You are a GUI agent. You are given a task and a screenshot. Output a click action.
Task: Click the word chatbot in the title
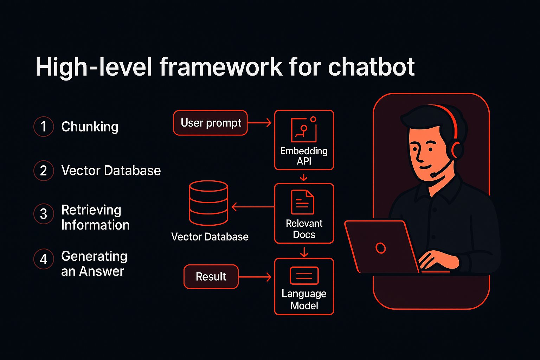click(x=371, y=67)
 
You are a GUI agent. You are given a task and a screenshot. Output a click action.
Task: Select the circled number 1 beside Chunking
click(x=44, y=127)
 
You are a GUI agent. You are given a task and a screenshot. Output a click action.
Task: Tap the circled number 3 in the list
click(x=44, y=214)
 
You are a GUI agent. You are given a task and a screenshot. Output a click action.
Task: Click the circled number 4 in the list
click(x=44, y=259)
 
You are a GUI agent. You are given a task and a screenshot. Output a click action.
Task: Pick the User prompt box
click(x=210, y=123)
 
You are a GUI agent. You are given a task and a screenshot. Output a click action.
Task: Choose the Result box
click(x=211, y=277)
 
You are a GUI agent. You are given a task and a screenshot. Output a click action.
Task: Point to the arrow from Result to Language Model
click(x=255, y=277)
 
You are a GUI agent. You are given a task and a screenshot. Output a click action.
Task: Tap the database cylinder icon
click(x=208, y=203)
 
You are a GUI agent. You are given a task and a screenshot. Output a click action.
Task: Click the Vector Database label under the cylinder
click(x=210, y=237)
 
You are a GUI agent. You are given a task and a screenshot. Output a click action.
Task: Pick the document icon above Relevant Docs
click(x=302, y=202)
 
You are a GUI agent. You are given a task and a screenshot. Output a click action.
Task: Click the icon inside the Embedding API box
click(x=304, y=130)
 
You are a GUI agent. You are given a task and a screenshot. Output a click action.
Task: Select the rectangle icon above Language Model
click(x=304, y=276)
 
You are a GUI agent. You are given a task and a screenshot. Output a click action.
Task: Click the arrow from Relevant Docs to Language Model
click(x=304, y=252)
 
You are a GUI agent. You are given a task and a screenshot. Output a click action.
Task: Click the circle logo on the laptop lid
click(x=380, y=248)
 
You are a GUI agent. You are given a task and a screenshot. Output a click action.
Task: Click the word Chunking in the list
click(x=90, y=127)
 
